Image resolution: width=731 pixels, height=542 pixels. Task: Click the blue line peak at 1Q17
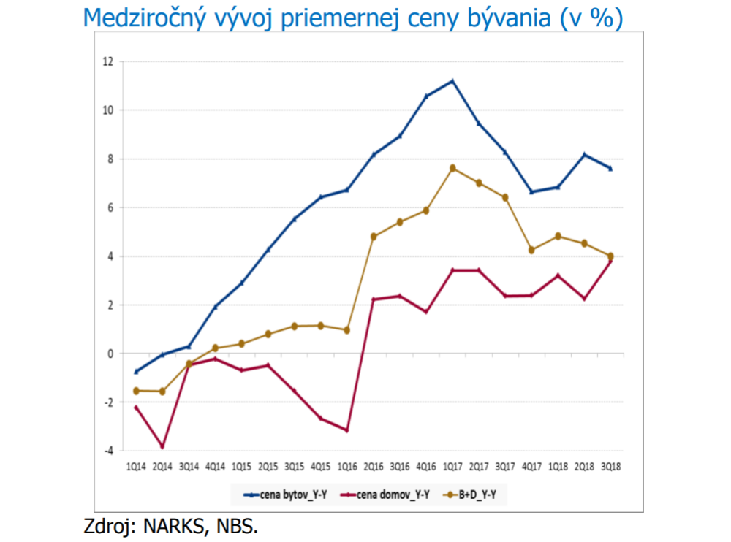[x=453, y=80]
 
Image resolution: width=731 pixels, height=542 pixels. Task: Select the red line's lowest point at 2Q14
[x=162, y=446]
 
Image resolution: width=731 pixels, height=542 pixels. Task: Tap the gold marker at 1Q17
[x=453, y=168]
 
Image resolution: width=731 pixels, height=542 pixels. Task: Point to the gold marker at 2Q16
[x=374, y=237]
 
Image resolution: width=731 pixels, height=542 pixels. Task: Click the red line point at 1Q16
[x=347, y=430]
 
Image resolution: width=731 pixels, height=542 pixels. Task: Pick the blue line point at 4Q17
[x=532, y=192]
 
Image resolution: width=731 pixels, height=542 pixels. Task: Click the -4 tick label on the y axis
[x=108, y=451]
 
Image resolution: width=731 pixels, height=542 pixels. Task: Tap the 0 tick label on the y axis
[x=110, y=354]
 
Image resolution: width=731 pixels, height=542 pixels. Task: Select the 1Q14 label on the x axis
[x=136, y=465]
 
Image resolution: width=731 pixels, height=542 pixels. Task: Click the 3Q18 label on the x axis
[x=610, y=465]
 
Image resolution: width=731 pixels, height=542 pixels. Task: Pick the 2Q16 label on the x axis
[x=374, y=465]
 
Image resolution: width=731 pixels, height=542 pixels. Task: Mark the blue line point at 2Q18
[x=584, y=154]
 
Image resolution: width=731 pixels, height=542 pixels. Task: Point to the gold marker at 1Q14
[x=136, y=391]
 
